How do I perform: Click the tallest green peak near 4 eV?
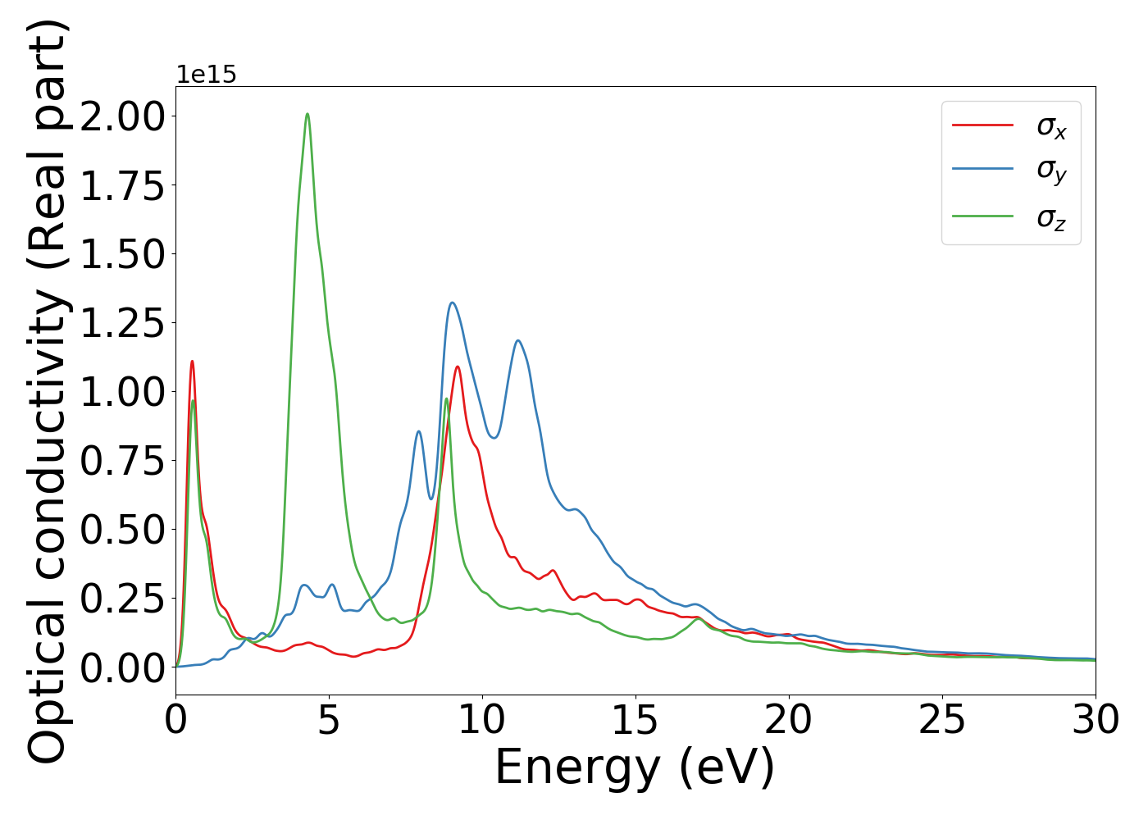pos(307,115)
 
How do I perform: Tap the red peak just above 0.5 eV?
pos(192,362)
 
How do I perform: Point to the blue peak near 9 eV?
pos(452,303)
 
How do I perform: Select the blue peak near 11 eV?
pos(517,341)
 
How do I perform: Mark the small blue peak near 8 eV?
pos(418,432)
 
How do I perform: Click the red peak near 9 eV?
pos(458,367)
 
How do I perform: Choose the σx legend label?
pos(1051,126)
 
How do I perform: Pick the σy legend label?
pos(1051,170)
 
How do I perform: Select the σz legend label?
pos(1051,218)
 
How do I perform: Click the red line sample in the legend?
pos(982,125)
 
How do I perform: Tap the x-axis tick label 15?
pos(635,721)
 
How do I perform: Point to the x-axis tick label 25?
pos(942,721)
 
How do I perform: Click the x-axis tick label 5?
pos(329,721)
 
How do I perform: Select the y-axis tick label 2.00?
pos(123,116)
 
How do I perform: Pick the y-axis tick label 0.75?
pos(123,461)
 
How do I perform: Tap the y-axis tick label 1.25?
pos(123,322)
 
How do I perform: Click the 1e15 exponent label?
pos(207,75)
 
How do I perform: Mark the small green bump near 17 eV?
pos(698,619)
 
